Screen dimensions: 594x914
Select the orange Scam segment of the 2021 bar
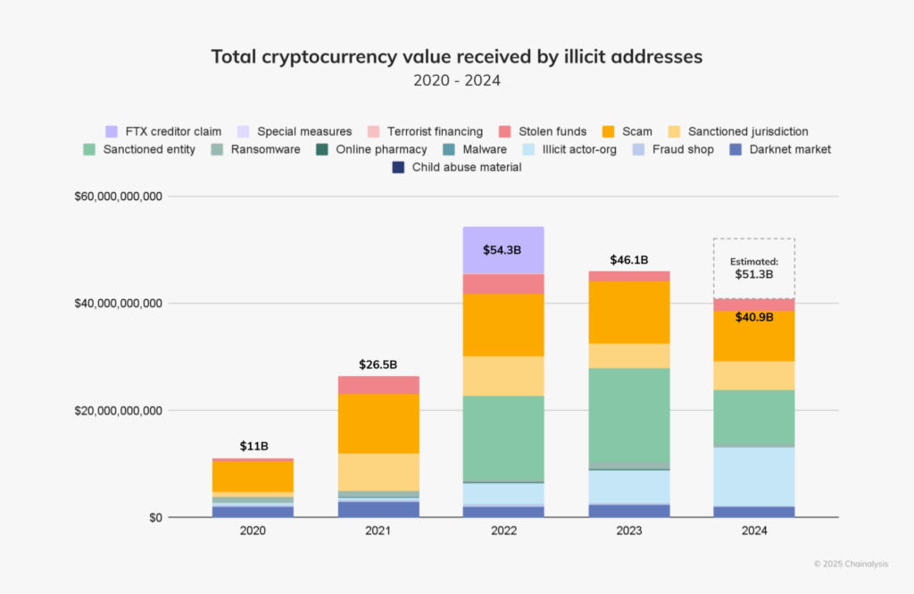tap(378, 423)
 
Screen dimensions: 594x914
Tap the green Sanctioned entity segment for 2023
tap(628, 414)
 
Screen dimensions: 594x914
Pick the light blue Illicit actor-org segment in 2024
tap(753, 476)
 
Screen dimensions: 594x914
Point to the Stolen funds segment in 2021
tap(378, 385)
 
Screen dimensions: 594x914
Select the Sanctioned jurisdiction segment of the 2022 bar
tap(503, 376)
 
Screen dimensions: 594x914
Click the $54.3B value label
tap(503, 250)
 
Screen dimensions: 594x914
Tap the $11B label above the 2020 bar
tap(253, 446)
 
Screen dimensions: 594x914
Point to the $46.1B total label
tap(628, 260)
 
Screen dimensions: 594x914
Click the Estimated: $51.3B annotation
tap(753, 268)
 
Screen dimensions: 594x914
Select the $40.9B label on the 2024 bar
tap(753, 317)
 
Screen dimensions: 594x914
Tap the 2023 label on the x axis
tap(628, 531)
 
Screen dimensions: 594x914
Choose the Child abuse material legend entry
tap(457, 167)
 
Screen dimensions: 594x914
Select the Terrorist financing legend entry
tap(427, 131)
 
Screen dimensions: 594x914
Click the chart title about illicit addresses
tap(457, 56)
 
